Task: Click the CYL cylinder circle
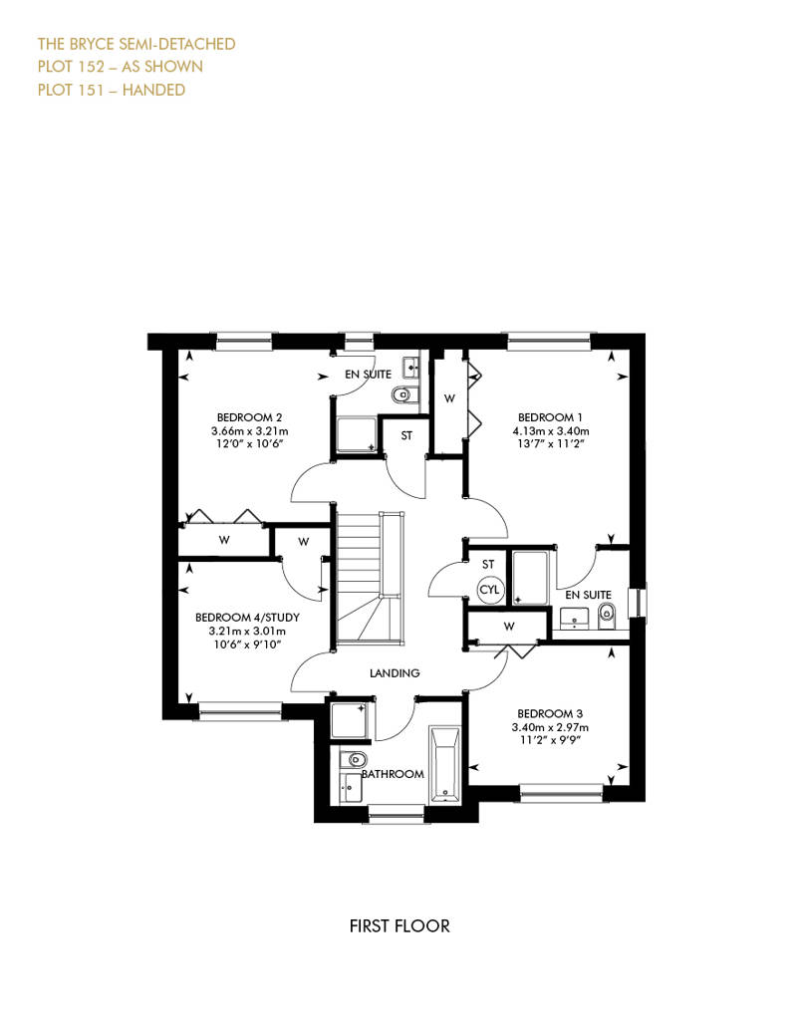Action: coord(489,589)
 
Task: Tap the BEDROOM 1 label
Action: coord(550,417)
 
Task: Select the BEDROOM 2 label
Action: coord(249,417)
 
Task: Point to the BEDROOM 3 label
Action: coord(550,713)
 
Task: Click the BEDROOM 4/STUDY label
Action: coord(247,618)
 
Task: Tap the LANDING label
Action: coord(395,672)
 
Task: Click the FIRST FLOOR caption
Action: coord(399,926)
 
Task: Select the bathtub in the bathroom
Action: coord(445,765)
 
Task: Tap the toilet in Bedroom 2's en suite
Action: coord(400,394)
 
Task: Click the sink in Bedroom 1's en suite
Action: coord(575,619)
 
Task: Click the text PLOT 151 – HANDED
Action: coord(112,90)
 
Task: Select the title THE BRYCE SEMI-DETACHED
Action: coord(136,44)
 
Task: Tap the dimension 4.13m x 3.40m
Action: coord(551,431)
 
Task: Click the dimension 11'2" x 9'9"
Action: coord(550,741)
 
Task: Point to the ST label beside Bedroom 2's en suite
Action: coord(406,435)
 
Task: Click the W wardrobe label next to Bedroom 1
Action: coord(449,398)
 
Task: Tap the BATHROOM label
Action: coord(393,774)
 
